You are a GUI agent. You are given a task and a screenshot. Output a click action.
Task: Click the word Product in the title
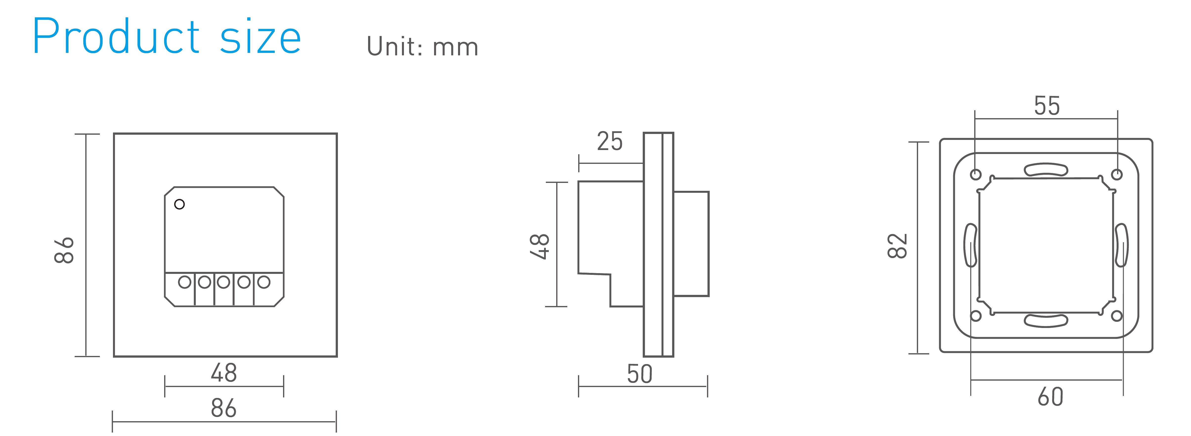[x=116, y=37]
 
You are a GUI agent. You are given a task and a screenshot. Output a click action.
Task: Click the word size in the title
[x=260, y=37]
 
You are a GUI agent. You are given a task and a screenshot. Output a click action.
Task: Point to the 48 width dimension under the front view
[x=224, y=373]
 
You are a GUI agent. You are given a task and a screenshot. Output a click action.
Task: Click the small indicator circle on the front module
[x=179, y=204]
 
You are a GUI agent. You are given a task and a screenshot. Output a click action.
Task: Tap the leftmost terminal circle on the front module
[x=184, y=282]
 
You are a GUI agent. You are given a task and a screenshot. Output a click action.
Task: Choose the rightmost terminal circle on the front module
[x=264, y=282]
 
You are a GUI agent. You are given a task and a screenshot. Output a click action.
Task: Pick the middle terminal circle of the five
[x=224, y=282]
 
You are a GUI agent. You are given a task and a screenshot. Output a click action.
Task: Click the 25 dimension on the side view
[x=610, y=141]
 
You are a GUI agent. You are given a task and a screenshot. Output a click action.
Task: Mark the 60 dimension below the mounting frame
[x=1050, y=397]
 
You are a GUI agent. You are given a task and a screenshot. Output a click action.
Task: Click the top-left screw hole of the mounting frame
[x=975, y=175]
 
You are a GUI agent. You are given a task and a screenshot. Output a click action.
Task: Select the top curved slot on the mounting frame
[x=1046, y=170]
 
